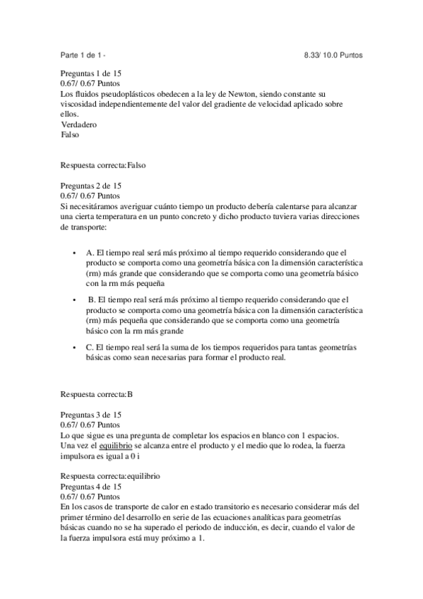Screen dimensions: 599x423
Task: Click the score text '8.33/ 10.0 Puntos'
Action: point(333,54)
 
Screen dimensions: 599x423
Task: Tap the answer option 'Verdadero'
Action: point(79,124)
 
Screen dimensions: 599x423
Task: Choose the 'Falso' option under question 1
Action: point(71,134)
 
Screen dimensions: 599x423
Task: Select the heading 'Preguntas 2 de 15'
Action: point(91,185)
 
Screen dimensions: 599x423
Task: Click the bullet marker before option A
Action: point(74,253)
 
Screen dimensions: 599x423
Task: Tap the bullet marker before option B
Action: point(74,300)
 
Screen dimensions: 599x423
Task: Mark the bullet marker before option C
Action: point(74,348)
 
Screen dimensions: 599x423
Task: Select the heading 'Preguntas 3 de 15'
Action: point(91,413)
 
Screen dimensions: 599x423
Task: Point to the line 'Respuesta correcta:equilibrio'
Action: point(109,477)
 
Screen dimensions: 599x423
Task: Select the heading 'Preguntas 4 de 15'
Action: point(91,487)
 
